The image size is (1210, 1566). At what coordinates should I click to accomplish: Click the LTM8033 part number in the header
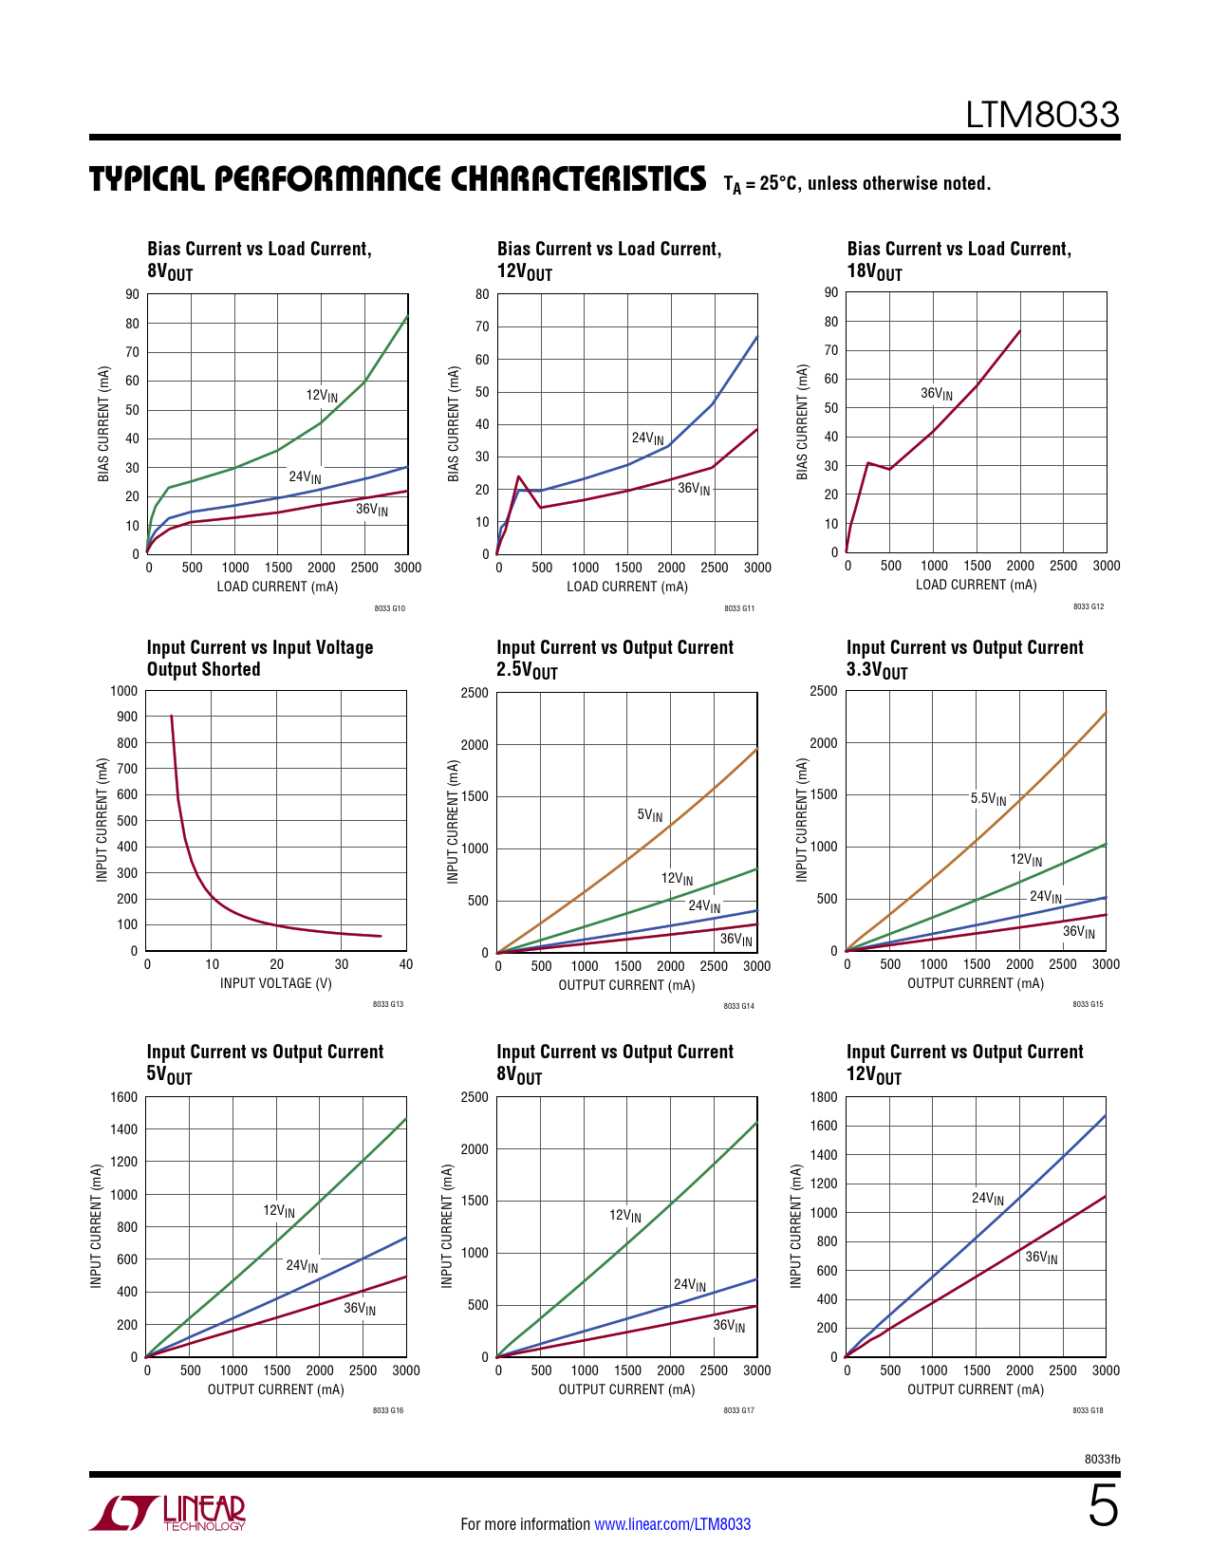1042,115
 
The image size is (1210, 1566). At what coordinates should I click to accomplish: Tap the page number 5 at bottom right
1103,1506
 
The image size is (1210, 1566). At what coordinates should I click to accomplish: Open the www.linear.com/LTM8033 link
672,1524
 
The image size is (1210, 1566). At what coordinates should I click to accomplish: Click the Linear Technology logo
168,1513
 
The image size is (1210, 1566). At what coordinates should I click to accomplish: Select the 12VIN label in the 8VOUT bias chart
322,396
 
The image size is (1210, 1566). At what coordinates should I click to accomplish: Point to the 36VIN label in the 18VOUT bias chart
937,394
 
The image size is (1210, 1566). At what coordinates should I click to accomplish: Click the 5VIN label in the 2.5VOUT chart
650,815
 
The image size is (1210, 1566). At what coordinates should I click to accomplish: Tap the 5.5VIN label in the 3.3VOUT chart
988,799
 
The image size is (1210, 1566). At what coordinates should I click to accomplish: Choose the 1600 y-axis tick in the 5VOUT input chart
124,1097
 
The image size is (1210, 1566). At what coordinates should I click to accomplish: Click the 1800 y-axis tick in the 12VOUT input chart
824,1097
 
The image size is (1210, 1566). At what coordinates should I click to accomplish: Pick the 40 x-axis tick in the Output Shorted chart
406,964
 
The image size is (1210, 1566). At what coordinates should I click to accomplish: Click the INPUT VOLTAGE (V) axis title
276,983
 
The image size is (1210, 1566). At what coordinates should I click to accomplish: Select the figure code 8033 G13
388,1004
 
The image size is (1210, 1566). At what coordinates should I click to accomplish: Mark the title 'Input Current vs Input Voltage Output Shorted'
259,658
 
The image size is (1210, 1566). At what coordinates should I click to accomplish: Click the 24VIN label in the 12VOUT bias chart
648,438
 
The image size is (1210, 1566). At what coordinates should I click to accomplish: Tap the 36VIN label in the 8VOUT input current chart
729,1326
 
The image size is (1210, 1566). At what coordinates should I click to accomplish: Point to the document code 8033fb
1102,1459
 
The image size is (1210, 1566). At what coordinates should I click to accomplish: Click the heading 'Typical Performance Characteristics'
398,179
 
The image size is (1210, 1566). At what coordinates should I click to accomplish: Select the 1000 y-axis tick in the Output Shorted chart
124,691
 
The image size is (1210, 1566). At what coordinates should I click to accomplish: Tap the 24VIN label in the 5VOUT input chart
303,1266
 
